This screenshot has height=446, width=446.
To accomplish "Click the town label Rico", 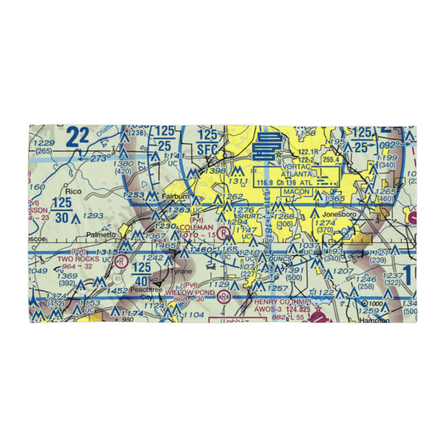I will click(74, 191).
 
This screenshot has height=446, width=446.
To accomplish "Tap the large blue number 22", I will click(78, 136).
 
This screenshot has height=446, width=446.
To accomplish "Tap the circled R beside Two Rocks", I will click(120, 261).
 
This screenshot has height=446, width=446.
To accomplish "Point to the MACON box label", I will click(296, 192).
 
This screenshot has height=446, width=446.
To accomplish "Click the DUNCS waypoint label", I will click(281, 259).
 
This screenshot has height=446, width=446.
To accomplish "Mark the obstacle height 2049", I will click(37, 271).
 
